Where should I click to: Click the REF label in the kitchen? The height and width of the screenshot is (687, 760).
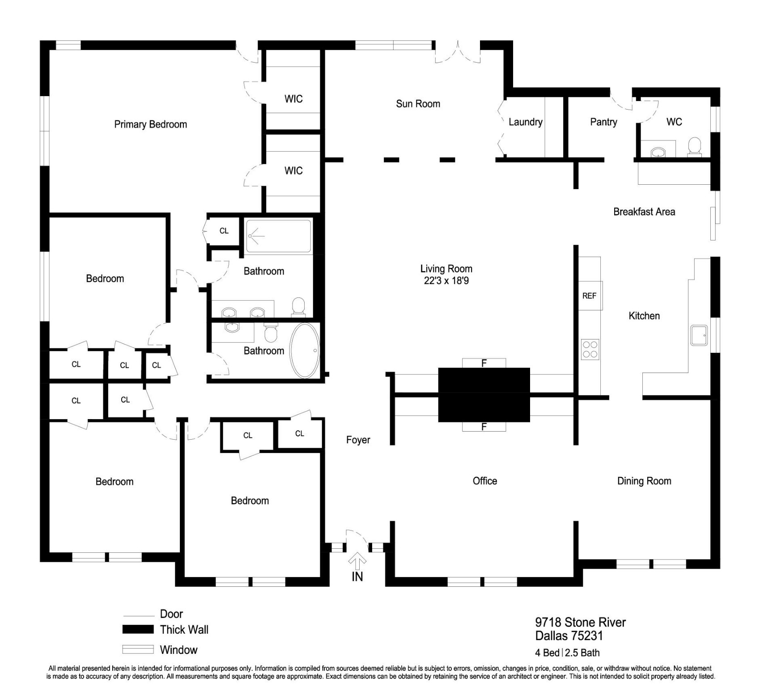click(589, 296)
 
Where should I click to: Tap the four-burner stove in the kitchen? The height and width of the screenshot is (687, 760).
click(590, 349)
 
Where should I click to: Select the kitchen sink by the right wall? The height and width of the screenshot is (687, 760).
click(699, 335)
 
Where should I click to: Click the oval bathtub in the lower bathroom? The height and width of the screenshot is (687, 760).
click(305, 351)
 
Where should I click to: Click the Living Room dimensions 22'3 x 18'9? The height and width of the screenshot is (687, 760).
click(446, 281)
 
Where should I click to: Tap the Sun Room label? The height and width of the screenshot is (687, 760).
click(418, 104)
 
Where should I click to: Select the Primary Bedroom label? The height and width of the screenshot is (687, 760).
click(150, 124)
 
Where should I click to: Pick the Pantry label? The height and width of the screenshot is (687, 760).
click(603, 122)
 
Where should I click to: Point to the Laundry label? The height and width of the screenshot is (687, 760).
click(525, 122)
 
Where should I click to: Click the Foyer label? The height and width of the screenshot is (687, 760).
click(358, 440)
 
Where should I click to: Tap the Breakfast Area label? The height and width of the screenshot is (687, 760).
click(644, 212)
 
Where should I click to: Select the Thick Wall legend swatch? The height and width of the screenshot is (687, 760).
click(138, 629)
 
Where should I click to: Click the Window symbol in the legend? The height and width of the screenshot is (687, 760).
click(138, 649)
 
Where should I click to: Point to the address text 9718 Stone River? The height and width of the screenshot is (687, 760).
click(580, 622)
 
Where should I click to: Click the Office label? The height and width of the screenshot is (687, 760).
click(484, 481)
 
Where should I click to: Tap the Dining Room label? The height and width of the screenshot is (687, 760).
click(644, 481)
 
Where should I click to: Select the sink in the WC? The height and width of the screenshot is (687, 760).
click(658, 153)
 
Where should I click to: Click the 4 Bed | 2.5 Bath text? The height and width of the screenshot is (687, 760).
click(567, 653)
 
